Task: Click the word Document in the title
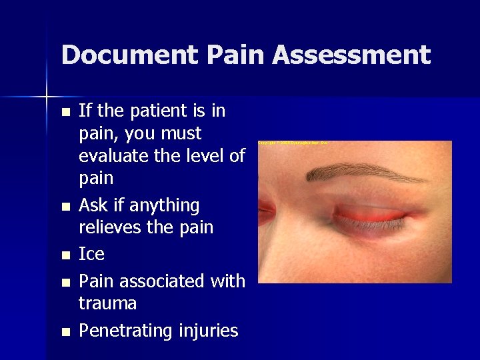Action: tap(111, 55)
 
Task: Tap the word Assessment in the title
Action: tap(351, 55)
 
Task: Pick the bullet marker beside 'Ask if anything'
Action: tap(65, 206)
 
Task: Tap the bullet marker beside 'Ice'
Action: tap(65, 255)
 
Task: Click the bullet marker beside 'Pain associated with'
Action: tap(65, 283)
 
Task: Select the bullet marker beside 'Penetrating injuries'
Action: tap(65, 331)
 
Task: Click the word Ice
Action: tap(91, 254)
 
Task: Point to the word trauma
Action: tap(107, 304)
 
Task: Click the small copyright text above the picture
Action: tap(293, 143)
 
